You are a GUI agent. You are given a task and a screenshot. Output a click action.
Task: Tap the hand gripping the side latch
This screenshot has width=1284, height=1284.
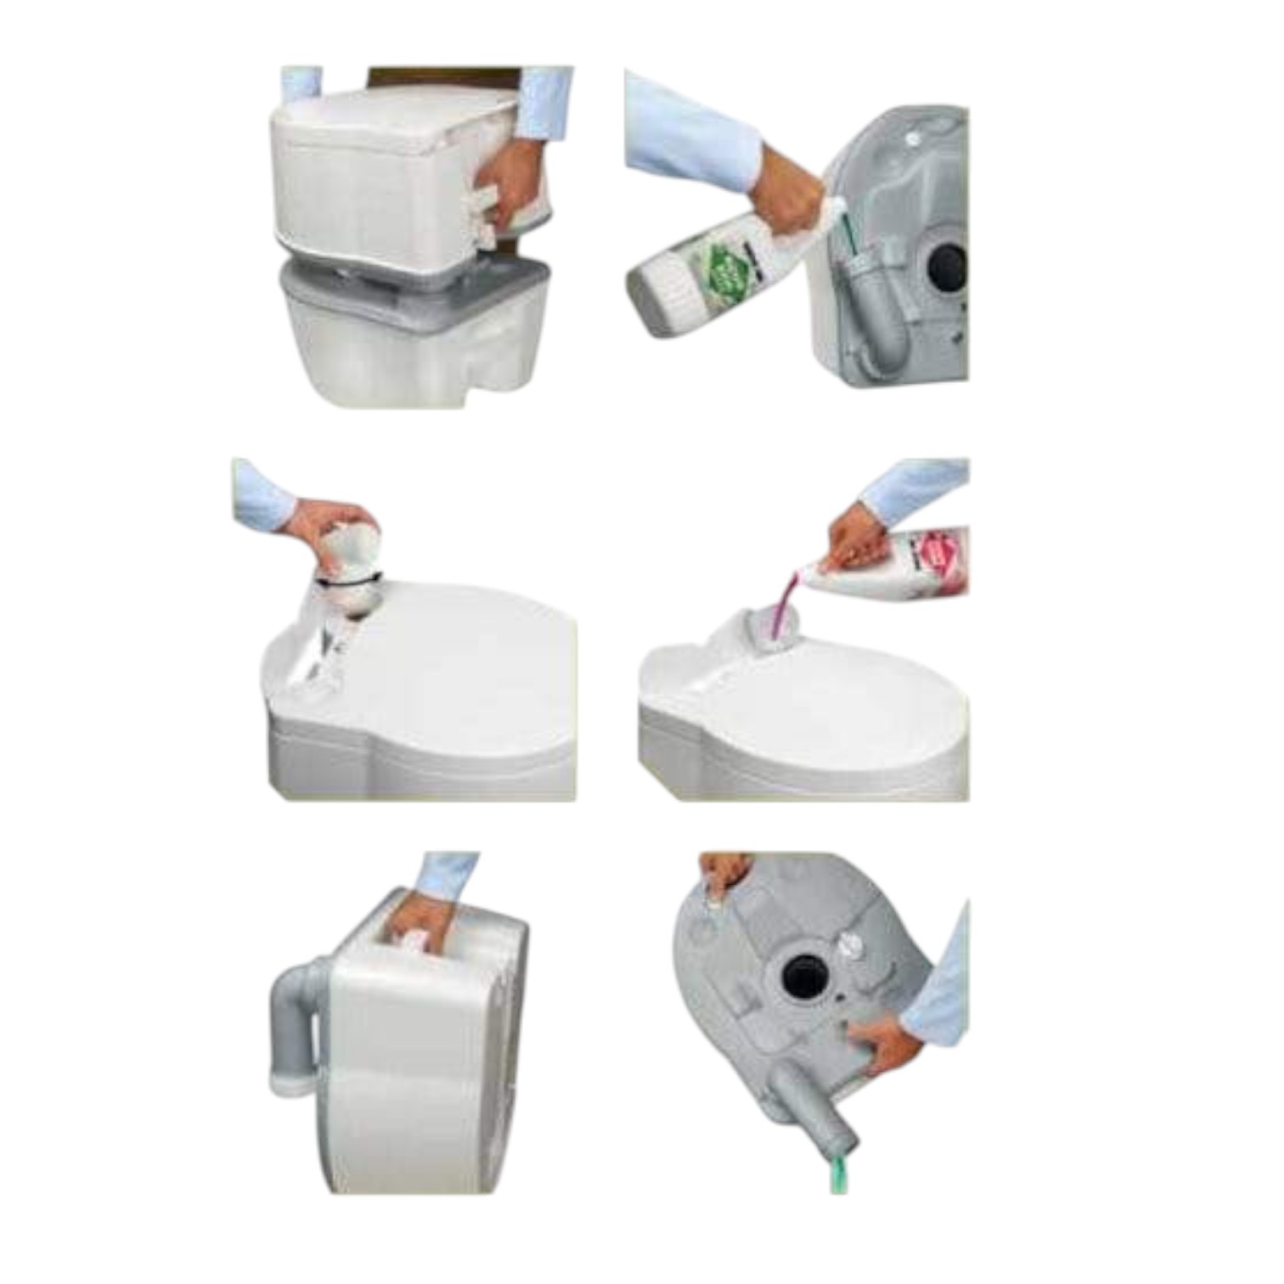pyautogui.click(x=510, y=191)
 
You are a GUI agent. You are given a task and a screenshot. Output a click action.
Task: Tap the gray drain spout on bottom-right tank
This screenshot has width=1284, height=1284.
pyautogui.click(x=811, y=1104)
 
